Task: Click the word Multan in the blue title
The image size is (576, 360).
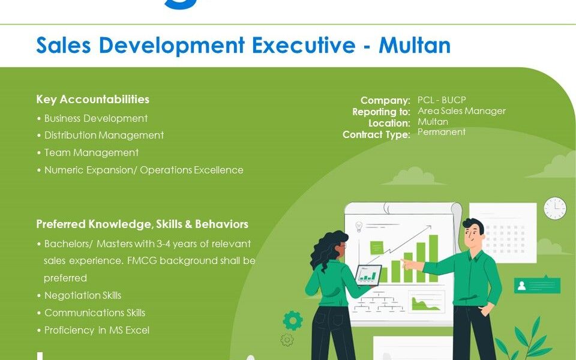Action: coord(415,45)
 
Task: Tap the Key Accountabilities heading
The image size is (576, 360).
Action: coord(92,99)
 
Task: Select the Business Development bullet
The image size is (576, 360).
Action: coord(92,118)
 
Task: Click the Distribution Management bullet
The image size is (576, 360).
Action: coord(100,135)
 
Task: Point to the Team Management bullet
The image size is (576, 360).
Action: coord(88,152)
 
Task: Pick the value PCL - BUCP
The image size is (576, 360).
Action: coord(442,100)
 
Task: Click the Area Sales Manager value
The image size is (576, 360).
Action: coord(461,111)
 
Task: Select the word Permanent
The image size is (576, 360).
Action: coord(442,132)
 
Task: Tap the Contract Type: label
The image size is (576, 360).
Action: coord(376,135)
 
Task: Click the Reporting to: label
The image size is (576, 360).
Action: coord(381,112)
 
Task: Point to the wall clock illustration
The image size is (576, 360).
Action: coord(555,208)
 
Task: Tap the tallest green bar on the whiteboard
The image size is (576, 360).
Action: coord(433,259)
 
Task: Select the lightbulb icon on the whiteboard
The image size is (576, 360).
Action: coord(359,227)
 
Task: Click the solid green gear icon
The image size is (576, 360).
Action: coord(293,320)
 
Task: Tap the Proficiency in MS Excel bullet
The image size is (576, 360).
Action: coord(94,330)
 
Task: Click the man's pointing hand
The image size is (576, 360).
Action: coord(408,263)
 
